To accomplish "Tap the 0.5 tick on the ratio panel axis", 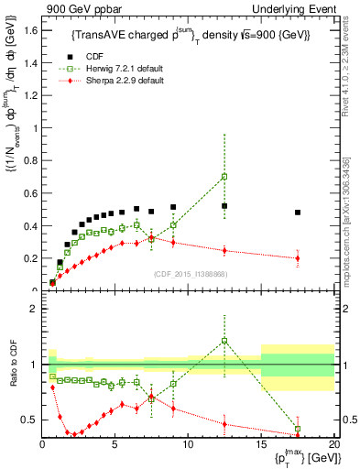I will (x=33, y=420).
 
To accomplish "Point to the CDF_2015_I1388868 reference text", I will (x=188, y=274).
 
